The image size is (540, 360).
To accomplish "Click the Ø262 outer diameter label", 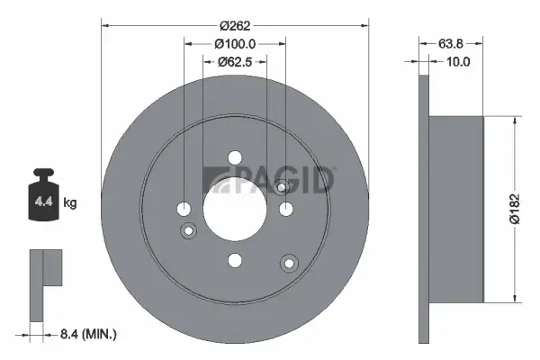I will coord(236,26).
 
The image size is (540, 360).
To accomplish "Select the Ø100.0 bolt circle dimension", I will coord(236,44).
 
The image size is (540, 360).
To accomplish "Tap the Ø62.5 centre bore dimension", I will coord(236,62).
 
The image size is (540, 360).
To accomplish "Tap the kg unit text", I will coord(70,203).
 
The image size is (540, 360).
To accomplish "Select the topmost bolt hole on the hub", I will coord(235,157).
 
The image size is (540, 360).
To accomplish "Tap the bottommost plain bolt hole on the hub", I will coord(235,260).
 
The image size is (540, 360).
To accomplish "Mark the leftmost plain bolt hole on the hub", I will coord(184,209).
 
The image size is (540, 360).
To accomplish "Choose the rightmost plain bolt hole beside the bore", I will coord(286,209).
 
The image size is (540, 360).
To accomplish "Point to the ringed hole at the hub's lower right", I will coord(289,263).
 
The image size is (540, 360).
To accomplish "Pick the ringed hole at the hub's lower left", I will coord(189,231).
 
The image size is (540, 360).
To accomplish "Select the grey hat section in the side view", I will coord(455,208).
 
